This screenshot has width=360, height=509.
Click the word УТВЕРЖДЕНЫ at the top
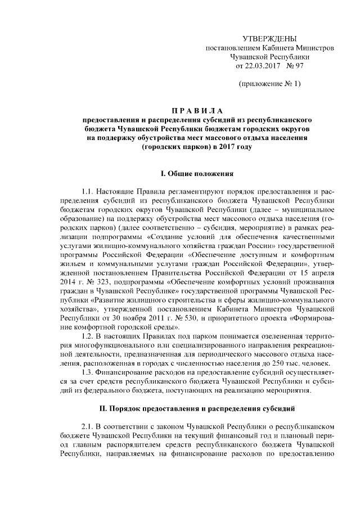(269, 39)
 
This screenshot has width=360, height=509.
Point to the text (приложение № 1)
(269, 84)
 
